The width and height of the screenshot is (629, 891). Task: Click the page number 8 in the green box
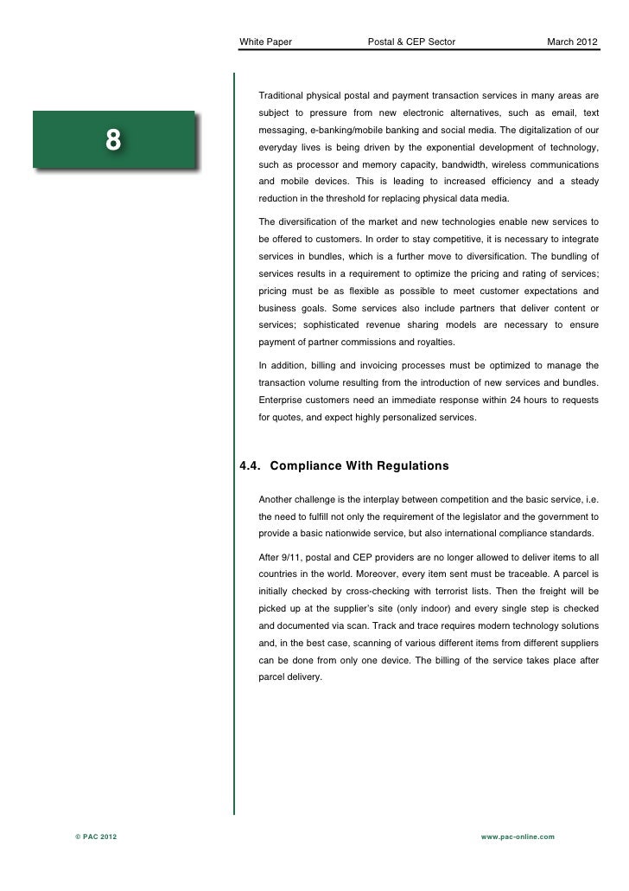[113, 138]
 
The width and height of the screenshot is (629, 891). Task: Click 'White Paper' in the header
[265, 42]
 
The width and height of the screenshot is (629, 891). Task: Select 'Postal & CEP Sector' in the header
[411, 42]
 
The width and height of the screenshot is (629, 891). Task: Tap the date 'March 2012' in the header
[571, 42]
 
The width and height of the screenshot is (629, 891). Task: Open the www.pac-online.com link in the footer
[517, 837]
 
